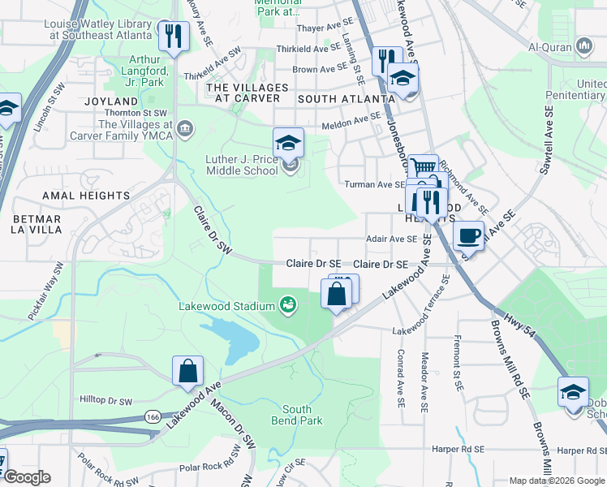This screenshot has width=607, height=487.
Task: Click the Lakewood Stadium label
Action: coord(227,306)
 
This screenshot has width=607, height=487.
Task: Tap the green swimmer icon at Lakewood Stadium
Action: coord(286,305)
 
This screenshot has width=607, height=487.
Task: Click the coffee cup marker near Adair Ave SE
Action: coord(468,236)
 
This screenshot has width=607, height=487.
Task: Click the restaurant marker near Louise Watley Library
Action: coord(173,36)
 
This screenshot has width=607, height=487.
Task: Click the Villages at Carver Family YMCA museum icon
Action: coord(185,127)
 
